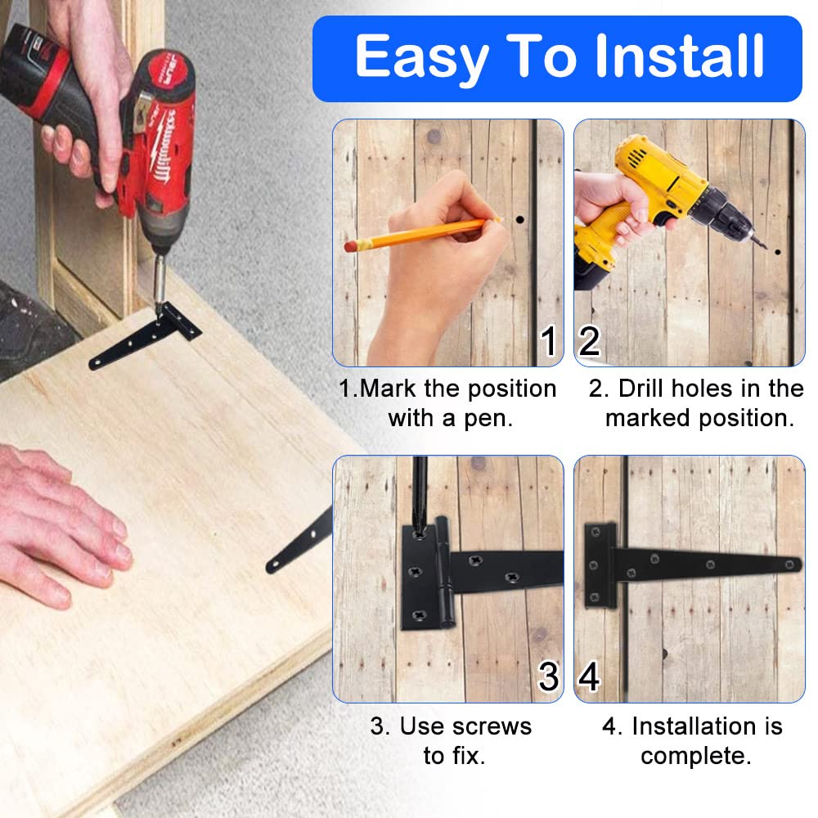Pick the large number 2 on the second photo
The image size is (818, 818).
coord(589,341)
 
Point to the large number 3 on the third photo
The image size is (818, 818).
coord(548,677)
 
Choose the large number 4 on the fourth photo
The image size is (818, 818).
coord(589,677)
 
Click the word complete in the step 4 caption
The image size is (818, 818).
coord(694,756)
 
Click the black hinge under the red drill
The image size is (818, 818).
coord(147,335)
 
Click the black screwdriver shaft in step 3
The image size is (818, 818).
coord(420,491)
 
